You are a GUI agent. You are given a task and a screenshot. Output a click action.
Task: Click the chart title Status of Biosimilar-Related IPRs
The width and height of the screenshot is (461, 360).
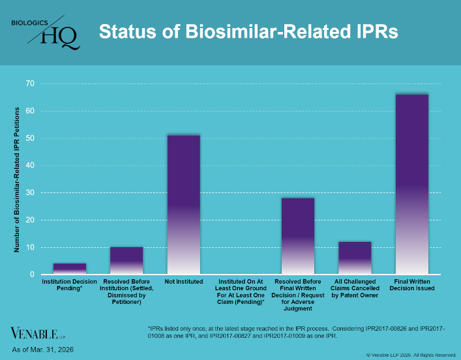(248, 31)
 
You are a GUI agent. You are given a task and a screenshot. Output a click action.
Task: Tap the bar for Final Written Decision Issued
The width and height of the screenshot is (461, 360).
(412, 185)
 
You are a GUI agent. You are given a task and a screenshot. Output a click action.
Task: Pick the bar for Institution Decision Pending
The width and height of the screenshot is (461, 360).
(70, 269)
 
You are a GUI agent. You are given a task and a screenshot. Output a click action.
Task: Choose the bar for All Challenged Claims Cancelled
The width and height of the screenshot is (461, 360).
(355, 258)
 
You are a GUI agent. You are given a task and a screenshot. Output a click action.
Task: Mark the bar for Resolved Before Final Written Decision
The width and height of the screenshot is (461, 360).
(298, 235)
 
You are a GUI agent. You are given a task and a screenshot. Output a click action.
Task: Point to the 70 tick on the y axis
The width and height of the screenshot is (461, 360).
(30, 83)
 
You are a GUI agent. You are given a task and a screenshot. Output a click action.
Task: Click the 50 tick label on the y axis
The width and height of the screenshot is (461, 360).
(30, 138)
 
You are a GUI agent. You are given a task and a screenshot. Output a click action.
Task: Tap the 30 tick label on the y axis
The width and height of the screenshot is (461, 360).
(30, 193)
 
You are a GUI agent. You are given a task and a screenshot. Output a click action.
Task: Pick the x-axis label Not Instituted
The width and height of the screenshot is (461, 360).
(183, 282)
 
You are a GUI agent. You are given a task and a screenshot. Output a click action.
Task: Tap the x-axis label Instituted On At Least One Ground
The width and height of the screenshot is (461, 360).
(241, 293)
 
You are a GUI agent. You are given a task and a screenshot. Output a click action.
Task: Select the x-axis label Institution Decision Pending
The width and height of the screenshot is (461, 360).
(70, 284)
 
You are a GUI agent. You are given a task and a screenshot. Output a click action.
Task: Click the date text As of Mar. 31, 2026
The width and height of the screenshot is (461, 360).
(43, 350)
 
